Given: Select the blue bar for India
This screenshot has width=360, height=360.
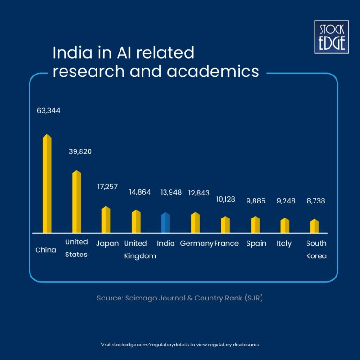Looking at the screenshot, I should click(165, 223).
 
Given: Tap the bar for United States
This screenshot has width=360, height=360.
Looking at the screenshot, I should click(76, 202).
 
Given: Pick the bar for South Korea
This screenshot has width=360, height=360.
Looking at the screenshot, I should click(315, 226).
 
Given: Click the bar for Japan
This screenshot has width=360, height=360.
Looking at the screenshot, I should click(106, 219).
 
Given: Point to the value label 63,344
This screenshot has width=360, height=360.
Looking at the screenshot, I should click(49, 111).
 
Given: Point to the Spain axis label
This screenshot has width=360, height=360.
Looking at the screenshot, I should click(256, 243).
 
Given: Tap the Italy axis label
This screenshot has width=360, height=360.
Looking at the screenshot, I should click(284, 243).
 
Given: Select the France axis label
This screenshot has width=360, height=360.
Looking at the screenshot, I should click(227, 243).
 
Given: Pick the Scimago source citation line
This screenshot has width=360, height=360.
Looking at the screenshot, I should click(180, 298).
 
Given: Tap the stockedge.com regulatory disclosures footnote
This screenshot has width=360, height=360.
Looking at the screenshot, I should click(180, 345).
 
